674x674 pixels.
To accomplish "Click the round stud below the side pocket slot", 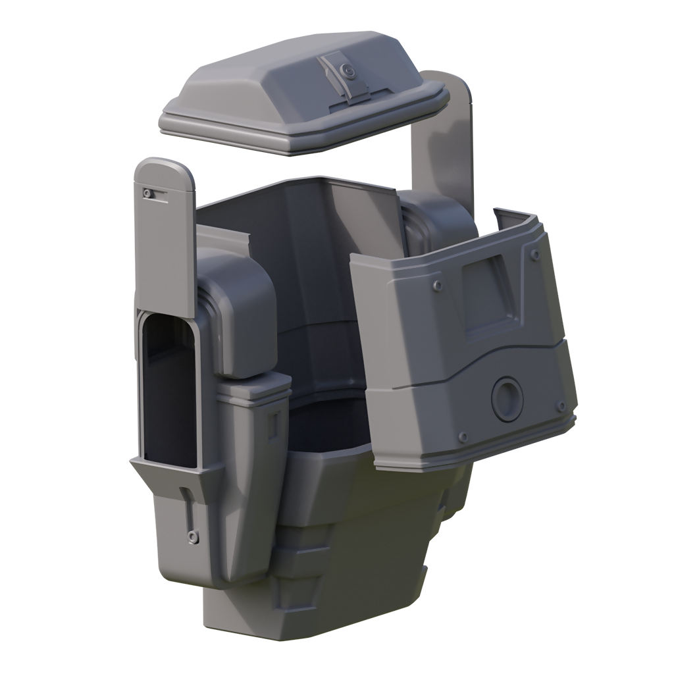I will click(x=192, y=536).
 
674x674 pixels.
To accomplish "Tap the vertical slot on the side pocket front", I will click(x=184, y=507).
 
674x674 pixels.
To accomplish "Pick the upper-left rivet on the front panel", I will click(x=437, y=284).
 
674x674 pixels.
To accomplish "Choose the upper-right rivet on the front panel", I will click(x=536, y=254).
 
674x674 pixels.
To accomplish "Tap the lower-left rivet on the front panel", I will click(x=463, y=436).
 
